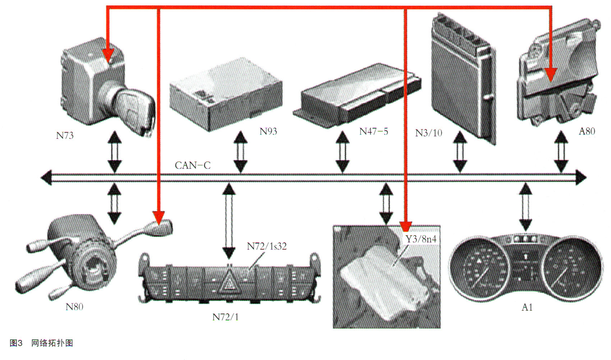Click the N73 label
point(65,136)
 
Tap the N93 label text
point(268,131)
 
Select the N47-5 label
point(373,132)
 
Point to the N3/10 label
point(428,133)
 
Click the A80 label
point(587,131)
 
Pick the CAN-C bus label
point(192,165)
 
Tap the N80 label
point(74,307)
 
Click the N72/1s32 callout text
point(266,246)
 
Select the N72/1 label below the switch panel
point(225,317)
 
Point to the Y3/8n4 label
point(421,239)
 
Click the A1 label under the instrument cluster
point(527,307)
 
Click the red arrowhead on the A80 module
point(550,74)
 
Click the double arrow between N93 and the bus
point(240,152)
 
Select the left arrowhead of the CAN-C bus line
point(46,178)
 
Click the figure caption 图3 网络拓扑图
point(41,343)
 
